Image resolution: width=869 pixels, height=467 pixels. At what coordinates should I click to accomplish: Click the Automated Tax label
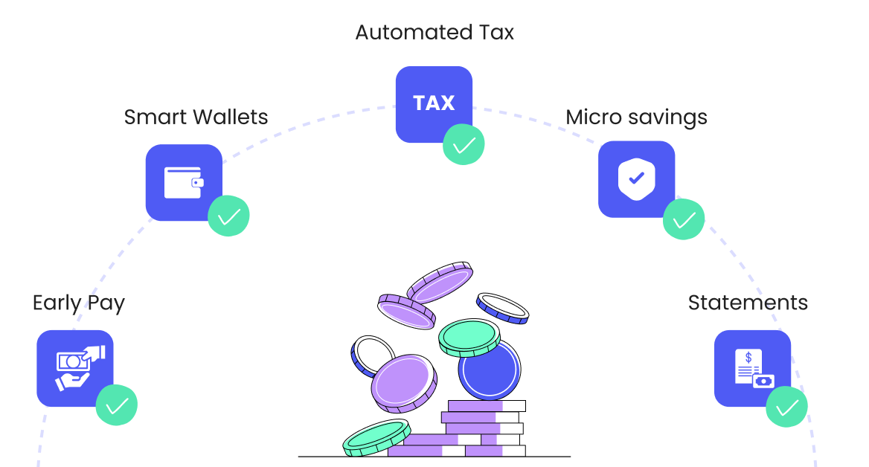pos(434,33)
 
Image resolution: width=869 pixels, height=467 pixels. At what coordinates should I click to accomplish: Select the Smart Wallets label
pos(196,117)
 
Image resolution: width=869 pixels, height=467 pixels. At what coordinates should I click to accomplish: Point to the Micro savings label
pos(636,117)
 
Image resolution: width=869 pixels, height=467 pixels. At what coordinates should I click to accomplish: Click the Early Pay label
pos(79,303)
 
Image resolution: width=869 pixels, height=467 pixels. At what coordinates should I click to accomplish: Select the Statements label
pos(748,303)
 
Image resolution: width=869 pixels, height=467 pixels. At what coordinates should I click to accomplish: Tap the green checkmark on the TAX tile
pos(464,144)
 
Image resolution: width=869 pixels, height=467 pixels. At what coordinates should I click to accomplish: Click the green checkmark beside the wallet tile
pos(228,216)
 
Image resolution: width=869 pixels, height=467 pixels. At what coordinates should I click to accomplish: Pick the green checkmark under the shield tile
pos(683,219)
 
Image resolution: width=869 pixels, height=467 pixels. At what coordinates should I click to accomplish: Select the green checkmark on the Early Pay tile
pos(117,406)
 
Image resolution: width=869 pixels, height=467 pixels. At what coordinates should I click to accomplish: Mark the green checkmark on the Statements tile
pos(786,407)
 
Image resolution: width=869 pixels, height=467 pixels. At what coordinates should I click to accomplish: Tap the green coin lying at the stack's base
pos(376,437)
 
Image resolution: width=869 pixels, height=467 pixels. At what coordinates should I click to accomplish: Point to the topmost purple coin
pos(440,283)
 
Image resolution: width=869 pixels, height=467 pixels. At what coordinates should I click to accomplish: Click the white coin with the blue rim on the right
pos(502,307)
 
